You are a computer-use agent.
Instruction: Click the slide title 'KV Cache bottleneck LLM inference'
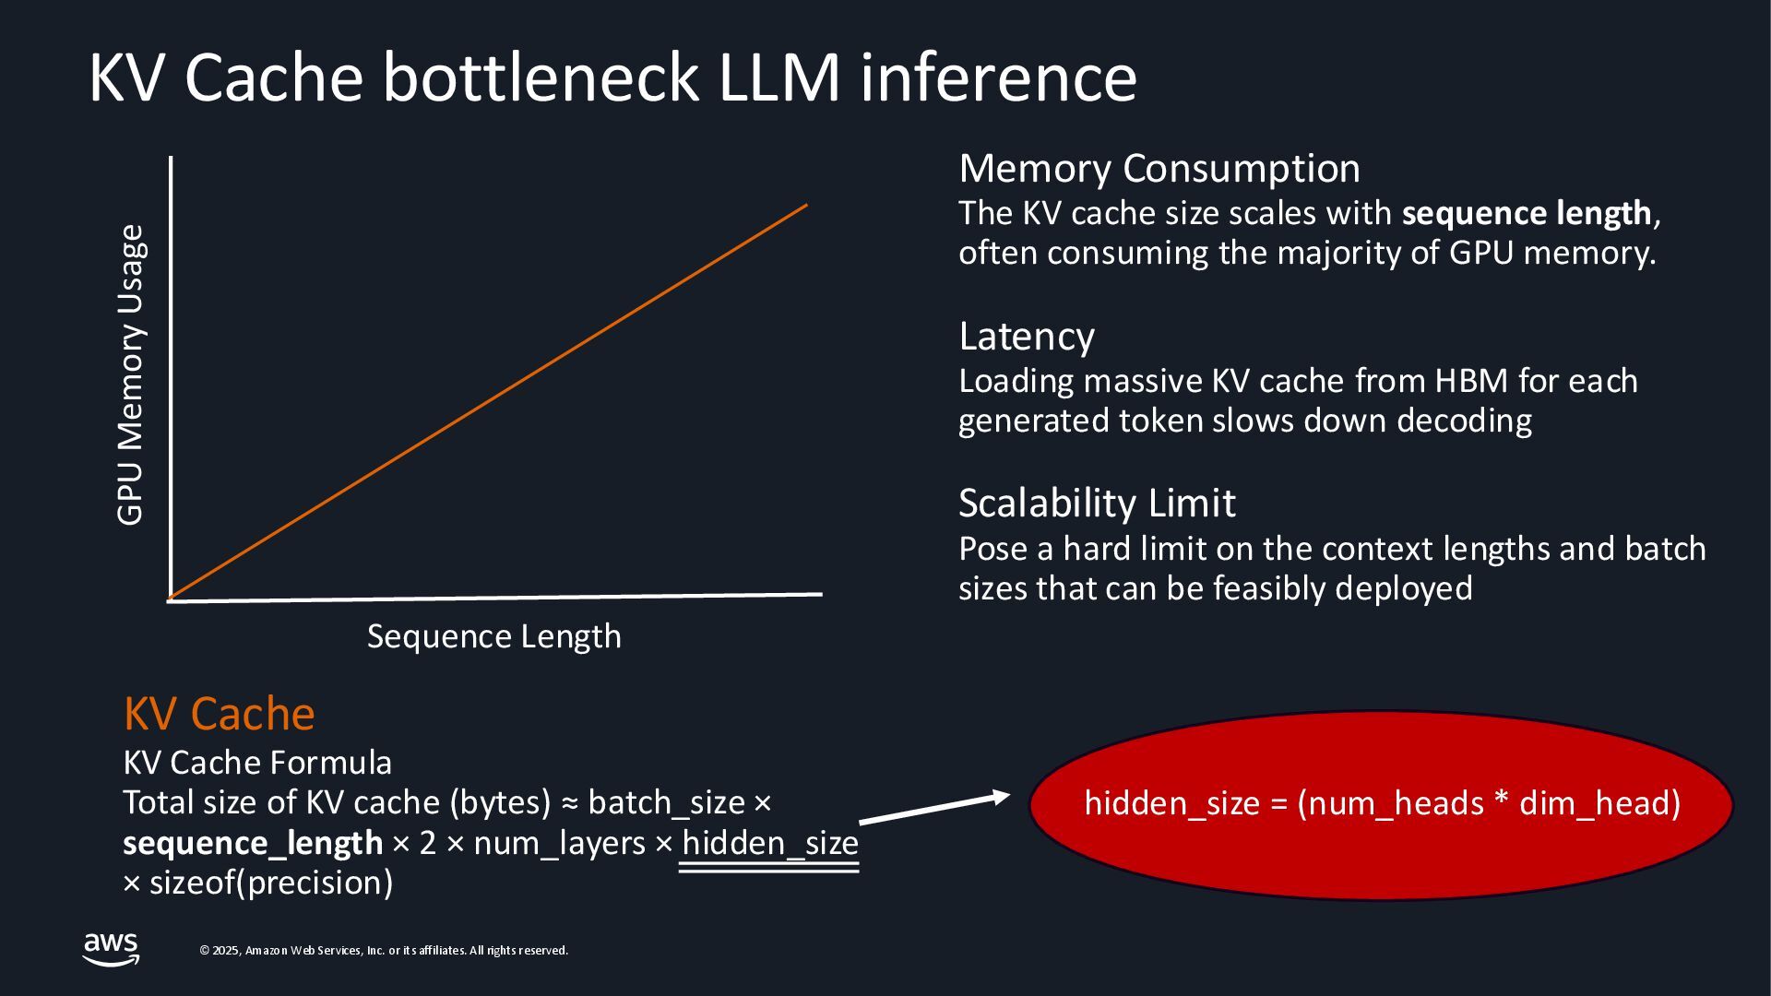click(x=612, y=77)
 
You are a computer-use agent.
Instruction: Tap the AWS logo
click(x=111, y=949)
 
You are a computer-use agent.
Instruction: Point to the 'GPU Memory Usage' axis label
click(x=130, y=375)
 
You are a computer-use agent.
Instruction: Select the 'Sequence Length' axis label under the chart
click(x=493, y=636)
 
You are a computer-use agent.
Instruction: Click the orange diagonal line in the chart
click(x=489, y=401)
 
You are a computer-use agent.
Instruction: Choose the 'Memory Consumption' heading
click(x=1159, y=169)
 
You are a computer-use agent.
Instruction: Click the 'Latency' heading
click(x=1027, y=337)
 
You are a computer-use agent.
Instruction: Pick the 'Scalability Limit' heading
click(x=1097, y=504)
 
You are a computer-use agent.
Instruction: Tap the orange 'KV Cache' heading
click(x=220, y=714)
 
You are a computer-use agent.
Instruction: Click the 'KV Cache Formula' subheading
click(x=257, y=763)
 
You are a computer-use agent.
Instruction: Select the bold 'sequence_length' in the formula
click(x=253, y=843)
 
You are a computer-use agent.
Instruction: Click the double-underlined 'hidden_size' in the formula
click(x=770, y=843)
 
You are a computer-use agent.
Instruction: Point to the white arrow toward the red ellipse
click(x=933, y=807)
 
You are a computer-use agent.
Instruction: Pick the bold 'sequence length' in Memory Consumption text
click(x=1527, y=213)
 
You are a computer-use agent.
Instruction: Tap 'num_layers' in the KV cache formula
click(x=559, y=843)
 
